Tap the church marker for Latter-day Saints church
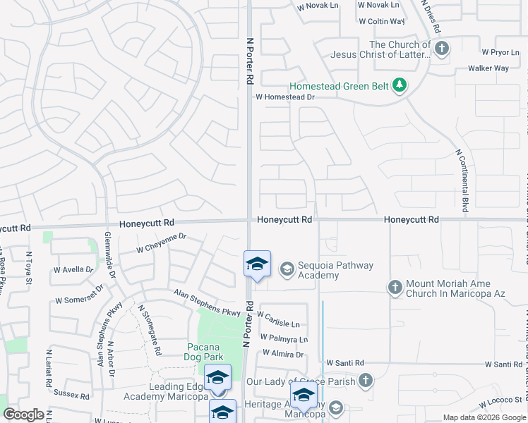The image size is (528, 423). point(442,48)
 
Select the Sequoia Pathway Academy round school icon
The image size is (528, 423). point(287,269)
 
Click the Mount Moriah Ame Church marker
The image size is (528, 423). point(395,287)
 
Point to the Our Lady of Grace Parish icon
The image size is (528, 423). point(365,381)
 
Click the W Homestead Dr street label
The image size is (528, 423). point(284,97)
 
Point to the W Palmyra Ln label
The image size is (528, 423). point(284,339)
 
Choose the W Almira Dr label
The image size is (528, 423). point(282,354)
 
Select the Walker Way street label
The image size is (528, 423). point(488,68)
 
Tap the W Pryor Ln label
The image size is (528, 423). point(500,52)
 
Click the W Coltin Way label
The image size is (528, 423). point(380,22)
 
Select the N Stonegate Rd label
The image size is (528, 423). point(150,330)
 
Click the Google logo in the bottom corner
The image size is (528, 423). point(23,415)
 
